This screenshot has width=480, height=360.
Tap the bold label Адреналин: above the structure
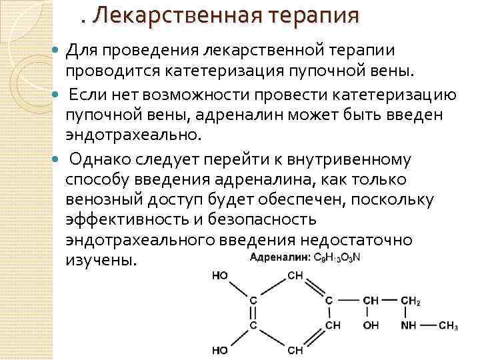(281, 257)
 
